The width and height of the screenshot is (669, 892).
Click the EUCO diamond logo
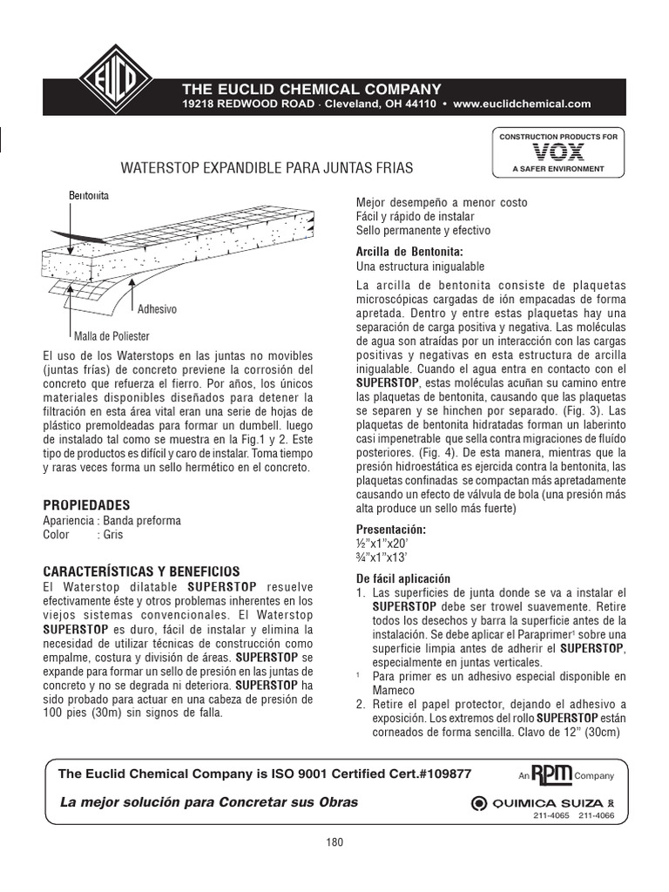(x=116, y=83)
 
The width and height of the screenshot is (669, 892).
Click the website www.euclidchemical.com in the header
(x=523, y=104)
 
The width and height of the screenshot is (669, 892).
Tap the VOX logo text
(x=557, y=152)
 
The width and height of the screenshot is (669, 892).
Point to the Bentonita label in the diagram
(x=89, y=196)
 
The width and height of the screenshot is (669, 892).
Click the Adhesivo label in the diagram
(x=158, y=309)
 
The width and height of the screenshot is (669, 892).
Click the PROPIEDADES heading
(x=87, y=505)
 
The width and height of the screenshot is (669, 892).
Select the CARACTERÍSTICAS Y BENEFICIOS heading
(x=130, y=571)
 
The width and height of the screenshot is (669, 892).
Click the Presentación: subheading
(x=392, y=530)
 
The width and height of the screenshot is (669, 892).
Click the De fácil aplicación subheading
(x=403, y=578)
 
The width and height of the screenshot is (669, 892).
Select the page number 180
(x=334, y=842)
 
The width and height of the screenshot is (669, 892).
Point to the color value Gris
(x=113, y=535)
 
